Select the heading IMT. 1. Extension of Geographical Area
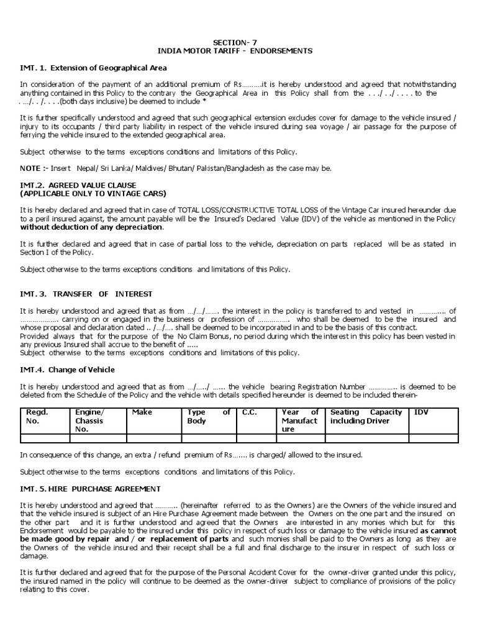[93, 67]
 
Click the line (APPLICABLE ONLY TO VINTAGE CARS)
[93, 193]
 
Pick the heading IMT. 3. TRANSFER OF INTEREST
[86, 293]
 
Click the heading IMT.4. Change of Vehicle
[67, 370]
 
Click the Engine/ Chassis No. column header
[90, 420]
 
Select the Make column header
[138, 412]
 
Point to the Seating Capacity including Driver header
[366, 416]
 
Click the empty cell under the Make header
[153, 438]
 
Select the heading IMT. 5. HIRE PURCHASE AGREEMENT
[90, 488]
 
